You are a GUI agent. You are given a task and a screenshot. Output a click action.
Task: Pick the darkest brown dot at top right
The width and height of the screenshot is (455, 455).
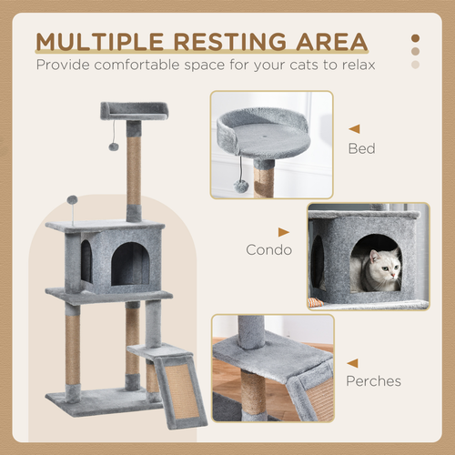[416, 38]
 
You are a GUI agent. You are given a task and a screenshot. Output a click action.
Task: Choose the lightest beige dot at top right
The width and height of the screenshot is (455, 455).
[416, 65]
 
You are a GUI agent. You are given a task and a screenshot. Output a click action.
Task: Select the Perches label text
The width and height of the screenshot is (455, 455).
[373, 380]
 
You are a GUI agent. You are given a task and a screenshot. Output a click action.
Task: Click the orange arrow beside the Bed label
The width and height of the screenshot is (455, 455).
[354, 129]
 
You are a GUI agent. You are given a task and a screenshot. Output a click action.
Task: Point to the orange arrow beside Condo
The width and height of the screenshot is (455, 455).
[284, 233]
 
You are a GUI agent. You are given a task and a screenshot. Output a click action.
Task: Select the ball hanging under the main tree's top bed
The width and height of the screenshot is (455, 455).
[115, 146]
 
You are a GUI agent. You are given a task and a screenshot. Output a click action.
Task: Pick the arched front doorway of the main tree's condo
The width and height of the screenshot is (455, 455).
[129, 264]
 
